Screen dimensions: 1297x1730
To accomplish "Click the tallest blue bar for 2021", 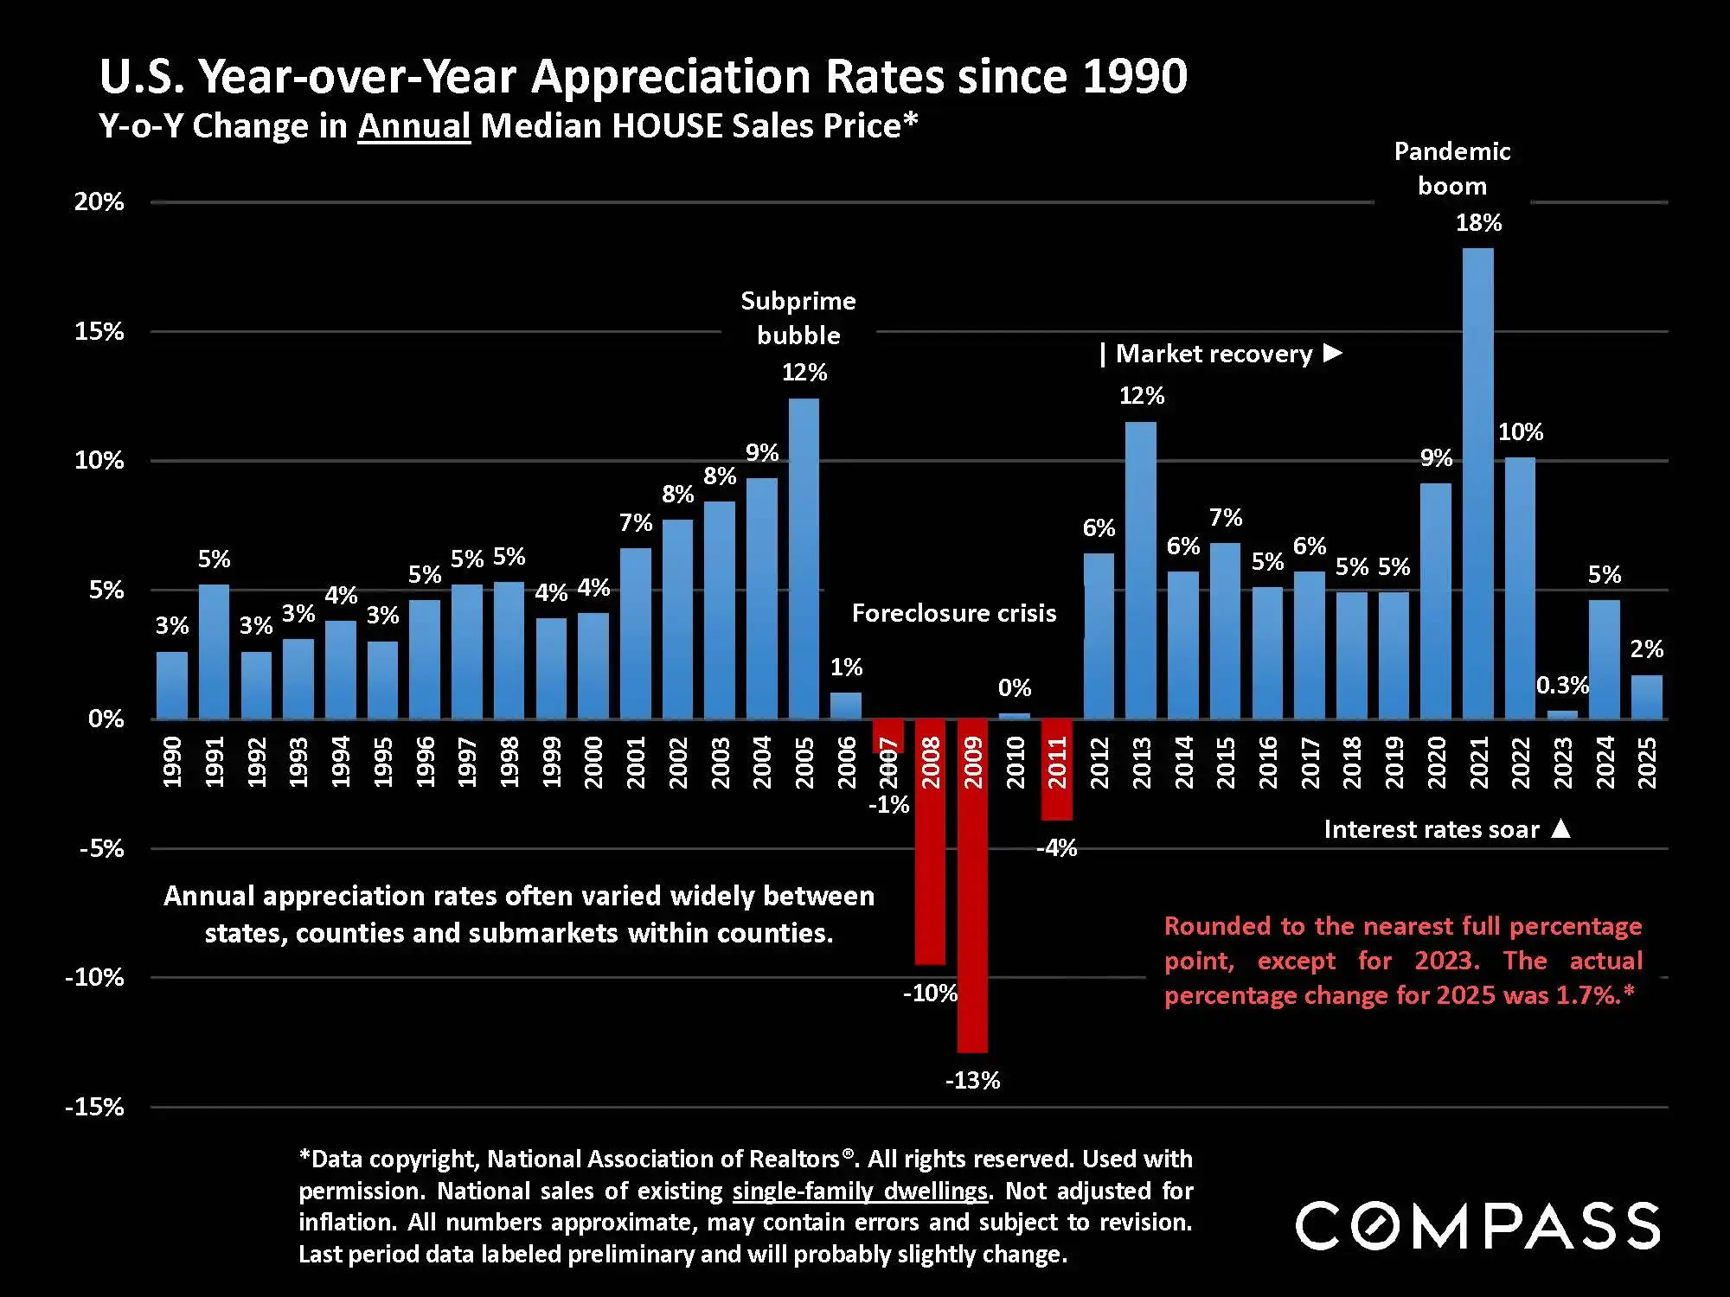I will coord(1477,484).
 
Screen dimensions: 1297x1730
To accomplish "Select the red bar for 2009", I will coord(972,886).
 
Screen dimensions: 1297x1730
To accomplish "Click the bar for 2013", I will coord(1141,571).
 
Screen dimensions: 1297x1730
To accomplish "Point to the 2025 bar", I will coord(1646,697).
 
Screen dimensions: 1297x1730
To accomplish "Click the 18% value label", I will coord(1478,223).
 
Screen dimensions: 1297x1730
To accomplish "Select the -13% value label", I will coord(972,1081).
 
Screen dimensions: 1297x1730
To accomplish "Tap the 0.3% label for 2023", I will coord(1562,686).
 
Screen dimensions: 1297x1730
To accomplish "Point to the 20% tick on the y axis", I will coord(99,202).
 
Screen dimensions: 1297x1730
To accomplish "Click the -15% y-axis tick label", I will coord(94,1108).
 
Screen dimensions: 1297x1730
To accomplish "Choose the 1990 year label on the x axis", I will coord(172,763).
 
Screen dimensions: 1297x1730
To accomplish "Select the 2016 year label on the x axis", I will coord(1267,763).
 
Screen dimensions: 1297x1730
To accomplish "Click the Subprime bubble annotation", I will coord(798,318).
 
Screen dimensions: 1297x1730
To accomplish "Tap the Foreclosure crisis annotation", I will coord(954,614).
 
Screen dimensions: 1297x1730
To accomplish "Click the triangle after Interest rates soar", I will coord(1560,828).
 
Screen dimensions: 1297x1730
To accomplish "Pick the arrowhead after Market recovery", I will coord(1333,353).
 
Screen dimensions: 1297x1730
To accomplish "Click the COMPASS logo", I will coord(1477,1225).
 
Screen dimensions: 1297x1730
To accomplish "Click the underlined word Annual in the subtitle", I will coord(413,126).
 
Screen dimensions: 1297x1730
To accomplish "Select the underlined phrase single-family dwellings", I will coord(860,1192).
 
